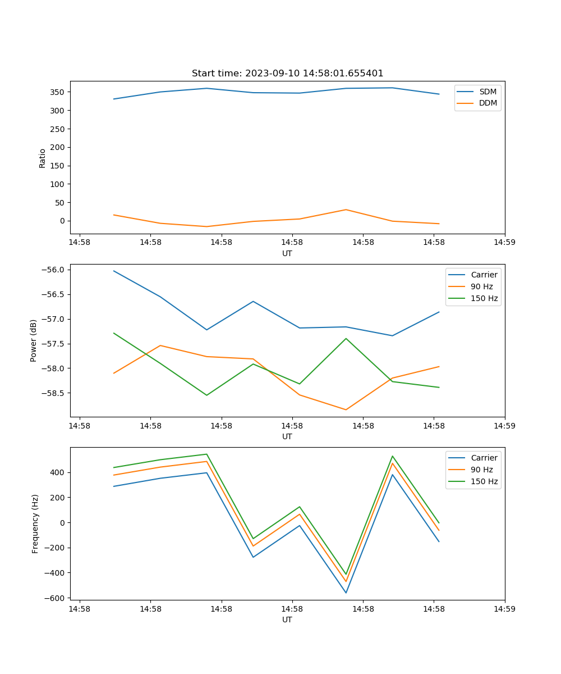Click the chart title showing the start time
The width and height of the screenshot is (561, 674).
[x=287, y=74]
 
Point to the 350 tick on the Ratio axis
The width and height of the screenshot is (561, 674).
[x=58, y=92]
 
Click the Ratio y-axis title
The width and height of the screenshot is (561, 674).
[x=43, y=158]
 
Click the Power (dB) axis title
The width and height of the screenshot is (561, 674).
[x=34, y=340]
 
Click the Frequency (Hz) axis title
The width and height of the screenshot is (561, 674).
[x=35, y=523]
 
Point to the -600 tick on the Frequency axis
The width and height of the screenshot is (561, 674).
[x=56, y=598]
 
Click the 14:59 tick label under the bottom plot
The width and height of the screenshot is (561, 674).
[x=504, y=608]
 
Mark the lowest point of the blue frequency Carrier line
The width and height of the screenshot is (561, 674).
[x=346, y=593]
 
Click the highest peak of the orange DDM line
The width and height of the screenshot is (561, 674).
[x=346, y=210]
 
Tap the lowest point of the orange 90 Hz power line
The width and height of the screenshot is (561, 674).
[x=346, y=409]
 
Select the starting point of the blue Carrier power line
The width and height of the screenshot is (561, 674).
[x=114, y=271]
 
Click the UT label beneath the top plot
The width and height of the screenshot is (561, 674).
[x=287, y=253]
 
